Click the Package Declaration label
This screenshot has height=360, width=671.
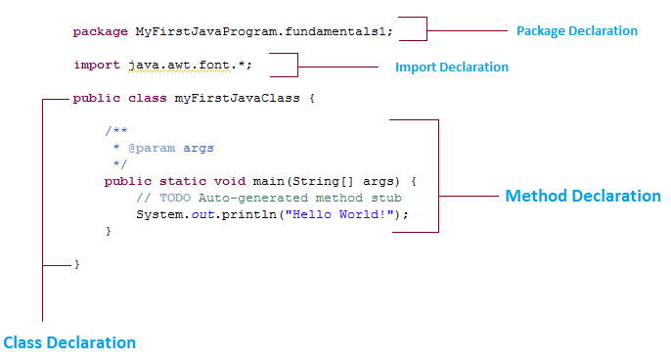pyautogui.click(x=576, y=31)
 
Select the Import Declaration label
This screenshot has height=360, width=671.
pyautogui.click(x=451, y=67)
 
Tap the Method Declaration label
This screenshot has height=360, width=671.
pyautogui.click(x=582, y=196)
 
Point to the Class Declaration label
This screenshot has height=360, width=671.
pyautogui.click(x=69, y=342)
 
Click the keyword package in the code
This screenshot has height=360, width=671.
pyautogui.click(x=100, y=31)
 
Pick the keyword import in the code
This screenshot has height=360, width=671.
pyautogui.click(x=96, y=66)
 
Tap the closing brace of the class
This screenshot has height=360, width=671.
pyautogui.click(x=76, y=265)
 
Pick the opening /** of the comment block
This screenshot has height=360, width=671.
pyautogui.click(x=116, y=131)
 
